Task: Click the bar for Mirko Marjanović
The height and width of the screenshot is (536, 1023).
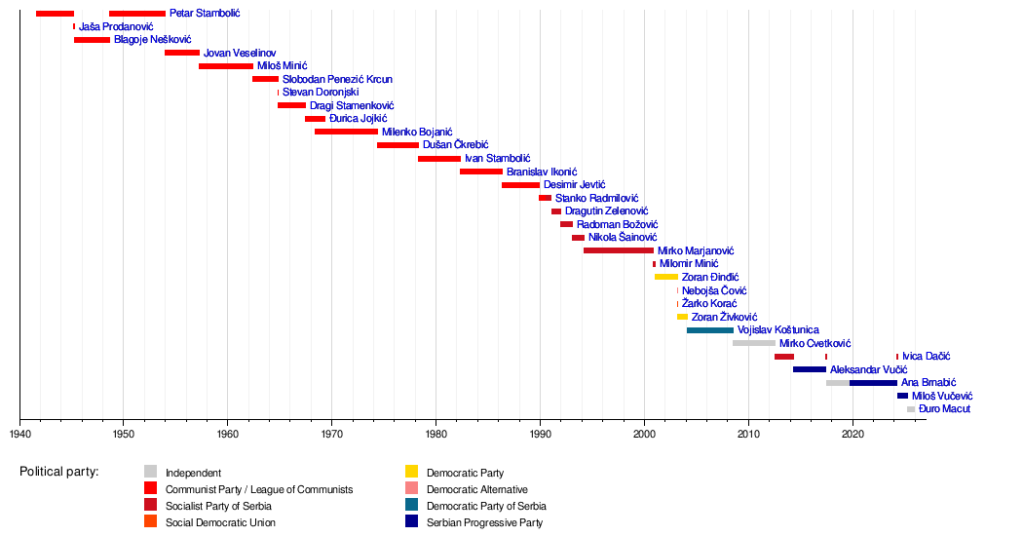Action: (619, 250)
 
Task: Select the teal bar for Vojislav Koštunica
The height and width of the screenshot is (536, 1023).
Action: (710, 330)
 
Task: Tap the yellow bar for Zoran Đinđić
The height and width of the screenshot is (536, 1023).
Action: (666, 277)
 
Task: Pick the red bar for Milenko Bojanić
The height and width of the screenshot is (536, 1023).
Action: (346, 132)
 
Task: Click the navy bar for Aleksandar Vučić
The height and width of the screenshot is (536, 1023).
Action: (810, 369)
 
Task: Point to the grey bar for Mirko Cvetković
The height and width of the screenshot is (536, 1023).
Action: (754, 343)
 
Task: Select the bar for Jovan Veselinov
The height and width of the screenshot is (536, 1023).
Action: (182, 53)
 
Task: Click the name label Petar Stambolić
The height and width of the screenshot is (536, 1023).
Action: (205, 14)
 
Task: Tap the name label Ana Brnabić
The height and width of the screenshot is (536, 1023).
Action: (928, 383)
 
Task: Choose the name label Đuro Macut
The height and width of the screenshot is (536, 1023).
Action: (944, 409)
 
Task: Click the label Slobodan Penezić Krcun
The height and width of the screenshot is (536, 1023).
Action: (337, 79)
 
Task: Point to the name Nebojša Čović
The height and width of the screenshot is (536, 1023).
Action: (714, 290)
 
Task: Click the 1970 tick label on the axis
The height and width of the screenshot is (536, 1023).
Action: (331, 433)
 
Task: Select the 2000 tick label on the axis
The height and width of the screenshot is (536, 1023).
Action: (644, 433)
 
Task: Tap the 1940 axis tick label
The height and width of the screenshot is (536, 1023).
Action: (19, 433)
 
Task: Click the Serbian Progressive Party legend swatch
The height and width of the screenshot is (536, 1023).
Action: (411, 522)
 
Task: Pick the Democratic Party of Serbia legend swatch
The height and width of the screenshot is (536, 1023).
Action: (411, 506)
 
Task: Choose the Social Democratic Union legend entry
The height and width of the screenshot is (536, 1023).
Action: (220, 522)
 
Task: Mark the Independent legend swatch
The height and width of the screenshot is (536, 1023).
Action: (150, 473)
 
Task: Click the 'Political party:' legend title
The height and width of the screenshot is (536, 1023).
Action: (58, 473)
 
